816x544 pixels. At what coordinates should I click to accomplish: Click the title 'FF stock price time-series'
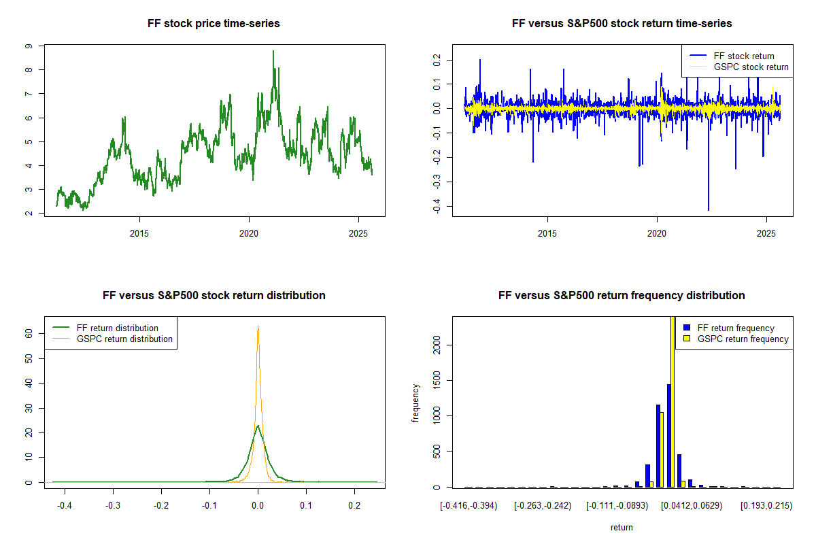(x=214, y=24)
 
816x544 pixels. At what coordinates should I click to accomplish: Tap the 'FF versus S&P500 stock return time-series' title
(x=622, y=24)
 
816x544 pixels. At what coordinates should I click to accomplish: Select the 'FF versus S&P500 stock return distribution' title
(x=214, y=296)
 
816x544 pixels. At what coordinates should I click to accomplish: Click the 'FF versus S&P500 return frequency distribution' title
(x=622, y=296)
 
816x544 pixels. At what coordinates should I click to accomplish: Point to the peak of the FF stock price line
(x=273, y=51)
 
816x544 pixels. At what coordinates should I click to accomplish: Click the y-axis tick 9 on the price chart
(x=29, y=46)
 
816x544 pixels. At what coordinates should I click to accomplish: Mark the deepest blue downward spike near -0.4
(x=709, y=209)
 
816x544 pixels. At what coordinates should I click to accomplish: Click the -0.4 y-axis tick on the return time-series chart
(x=437, y=206)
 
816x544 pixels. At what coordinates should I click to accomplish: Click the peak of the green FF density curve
(x=258, y=426)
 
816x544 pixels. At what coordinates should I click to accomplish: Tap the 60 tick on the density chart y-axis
(x=29, y=333)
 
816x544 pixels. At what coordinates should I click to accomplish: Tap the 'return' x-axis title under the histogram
(x=622, y=527)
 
